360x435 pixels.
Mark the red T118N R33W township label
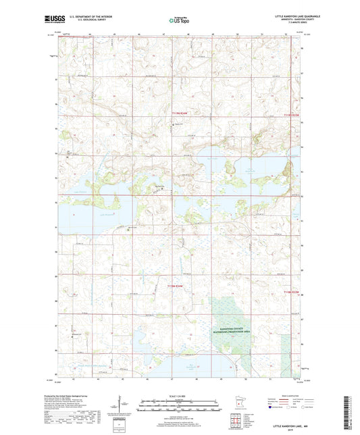(x=290, y=292)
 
